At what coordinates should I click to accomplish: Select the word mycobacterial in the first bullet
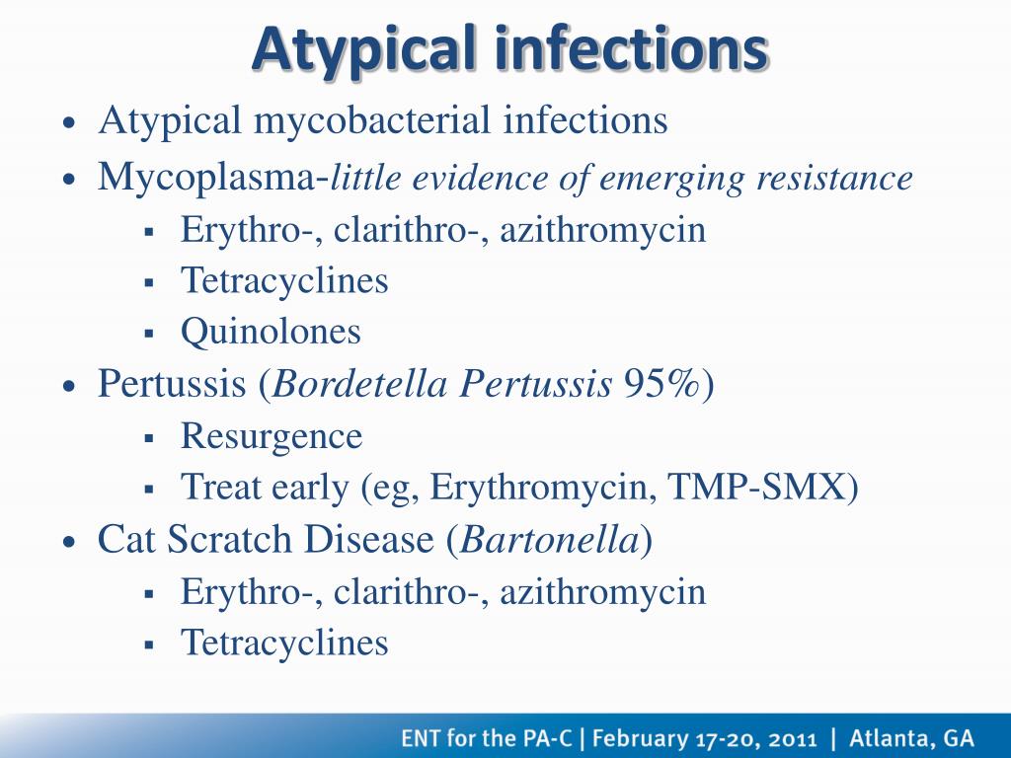pyautogui.click(x=372, y=121)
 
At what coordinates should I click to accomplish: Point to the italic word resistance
pyautogui.click(x=834, y=178)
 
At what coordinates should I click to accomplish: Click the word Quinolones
pyautogui.click(x=271, y=332)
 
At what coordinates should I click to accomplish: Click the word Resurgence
pyautogui.click(x=272, y=437)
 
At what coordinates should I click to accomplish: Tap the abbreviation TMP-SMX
pyautogui.click(x=755, y=488)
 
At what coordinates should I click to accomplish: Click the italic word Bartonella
pyautogui.click(x=549, y=540)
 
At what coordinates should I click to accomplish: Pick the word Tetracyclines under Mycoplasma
pyautogui.click(x=284, y=280)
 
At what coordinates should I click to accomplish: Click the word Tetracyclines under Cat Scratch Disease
pyautogui.click(x=284, y=643)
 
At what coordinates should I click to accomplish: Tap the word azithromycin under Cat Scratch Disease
pyautogui.click(x=603, y=592)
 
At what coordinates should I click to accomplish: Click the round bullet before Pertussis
pyautogui.click(x=70, y=387)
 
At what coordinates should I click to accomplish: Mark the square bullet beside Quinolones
pyautogui.click(x=150, y=334)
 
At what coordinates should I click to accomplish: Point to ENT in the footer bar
pyautogui.click(x=420, y=737)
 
